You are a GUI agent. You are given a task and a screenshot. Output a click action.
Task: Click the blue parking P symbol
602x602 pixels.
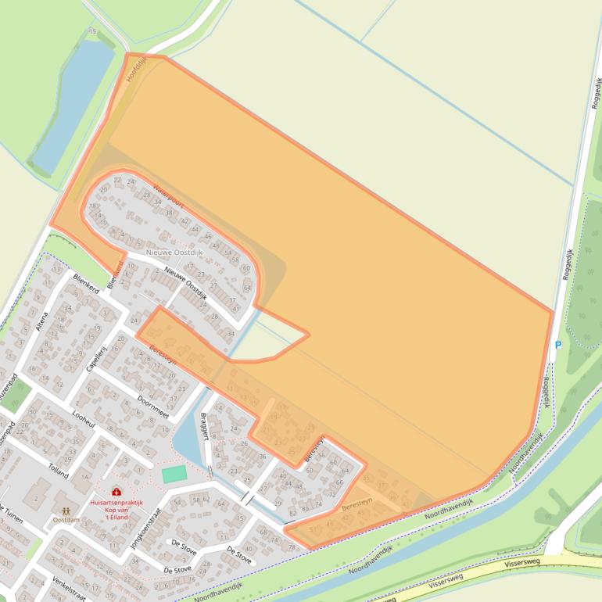pos(558,346)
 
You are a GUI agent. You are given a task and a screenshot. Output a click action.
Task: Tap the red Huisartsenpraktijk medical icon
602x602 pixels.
pos(116,491)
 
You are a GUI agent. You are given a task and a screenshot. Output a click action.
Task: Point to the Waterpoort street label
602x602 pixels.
pos(168,195)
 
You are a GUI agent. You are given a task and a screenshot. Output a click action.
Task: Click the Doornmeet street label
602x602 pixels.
pos(152,407)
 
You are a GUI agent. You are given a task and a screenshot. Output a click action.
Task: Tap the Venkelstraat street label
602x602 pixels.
pos(68,589)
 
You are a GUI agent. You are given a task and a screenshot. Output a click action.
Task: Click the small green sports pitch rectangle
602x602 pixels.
pos(174,474)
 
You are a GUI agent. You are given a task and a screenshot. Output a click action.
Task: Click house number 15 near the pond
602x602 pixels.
pos(93,31)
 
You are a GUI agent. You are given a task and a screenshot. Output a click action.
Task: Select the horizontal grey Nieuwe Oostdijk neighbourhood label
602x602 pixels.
pos(174,252)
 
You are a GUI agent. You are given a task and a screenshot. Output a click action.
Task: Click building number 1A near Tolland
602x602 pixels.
pos(85,476)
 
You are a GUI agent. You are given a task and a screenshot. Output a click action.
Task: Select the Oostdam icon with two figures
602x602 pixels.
pos(66,510)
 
